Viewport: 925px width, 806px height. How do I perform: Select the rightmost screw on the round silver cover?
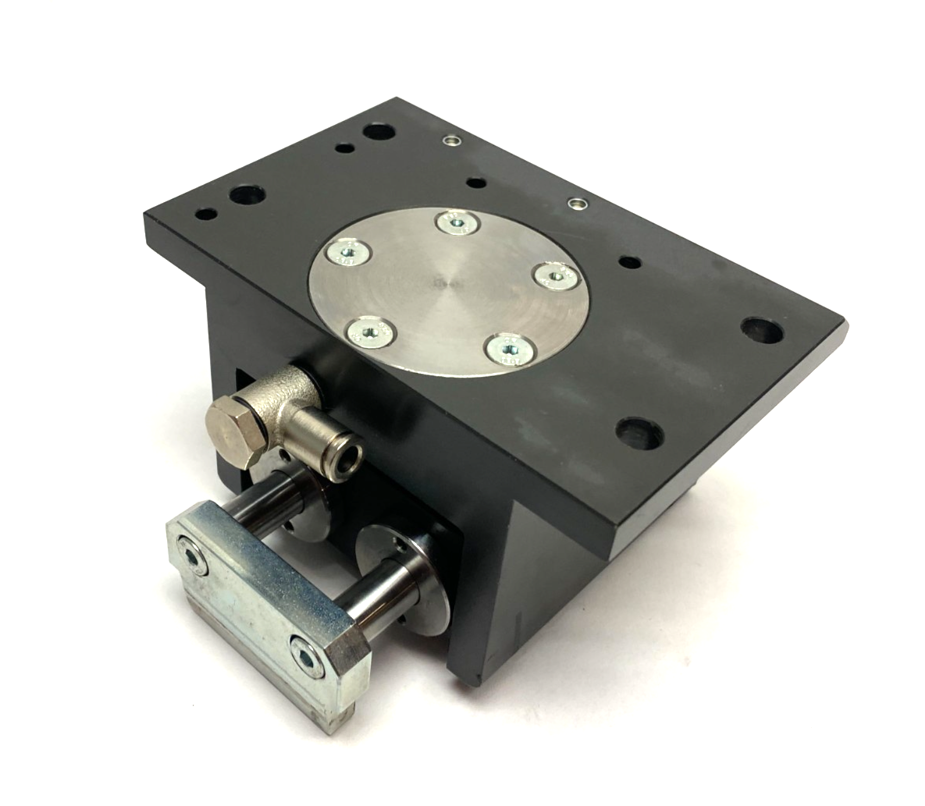coord(555,275)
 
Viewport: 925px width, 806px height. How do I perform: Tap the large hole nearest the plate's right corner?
coord(762,331)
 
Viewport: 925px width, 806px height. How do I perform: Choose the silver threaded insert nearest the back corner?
coord(450,141)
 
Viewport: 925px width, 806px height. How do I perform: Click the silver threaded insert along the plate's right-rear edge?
coord(577,204)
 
